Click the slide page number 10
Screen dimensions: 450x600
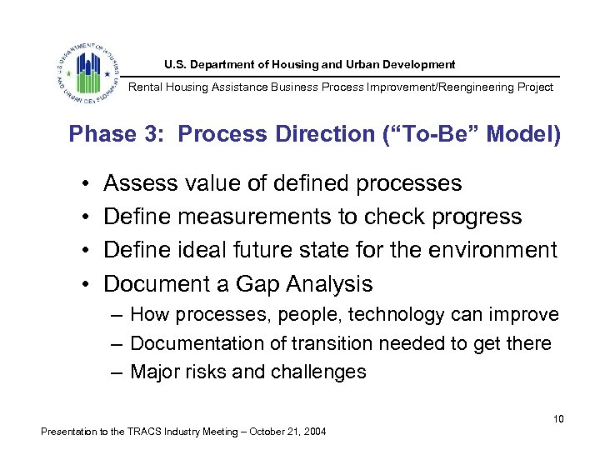coord(558,418)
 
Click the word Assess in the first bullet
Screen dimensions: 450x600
coord(139,183)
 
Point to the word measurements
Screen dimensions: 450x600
coord(253,217)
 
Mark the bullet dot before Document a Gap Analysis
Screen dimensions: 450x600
coord(87,284)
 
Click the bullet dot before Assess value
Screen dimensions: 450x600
coord(87,183)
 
